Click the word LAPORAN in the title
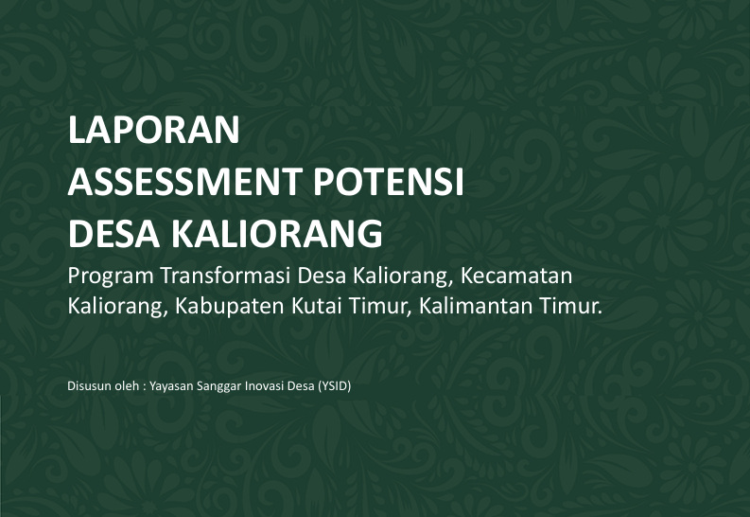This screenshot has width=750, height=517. click(x=153, y=130)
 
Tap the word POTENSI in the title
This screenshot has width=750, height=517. click(x=389, y=182)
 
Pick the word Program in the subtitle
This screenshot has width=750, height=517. click(x=111, y=276)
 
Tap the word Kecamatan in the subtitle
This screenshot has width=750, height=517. click(x=516, y=276)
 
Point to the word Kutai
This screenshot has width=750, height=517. click(x=317, y=307)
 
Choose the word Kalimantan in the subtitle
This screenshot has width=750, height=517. click(x=476, y=307)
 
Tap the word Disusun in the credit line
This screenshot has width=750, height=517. click(x=89, y=385)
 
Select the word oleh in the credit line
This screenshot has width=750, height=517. click(x=127, y=385)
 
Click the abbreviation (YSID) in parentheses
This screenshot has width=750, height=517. click(x=335, y=386)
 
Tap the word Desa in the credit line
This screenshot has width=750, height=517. click(x=301, y=385)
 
